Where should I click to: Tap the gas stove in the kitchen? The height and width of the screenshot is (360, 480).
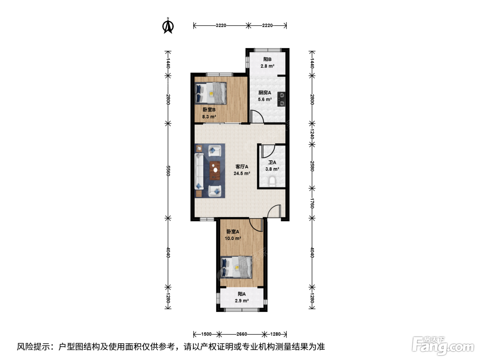point(281,99)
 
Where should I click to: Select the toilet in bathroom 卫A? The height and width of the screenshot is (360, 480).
point(272,182)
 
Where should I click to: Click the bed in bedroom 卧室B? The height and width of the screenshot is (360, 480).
point(211,93)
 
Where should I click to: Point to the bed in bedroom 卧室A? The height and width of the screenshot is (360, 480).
point(236,267)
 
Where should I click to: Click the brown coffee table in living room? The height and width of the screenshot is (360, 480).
point(215,170)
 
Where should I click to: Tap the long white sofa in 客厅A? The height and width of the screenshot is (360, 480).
point(199,171)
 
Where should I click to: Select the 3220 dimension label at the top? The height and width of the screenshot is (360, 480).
point(221,25)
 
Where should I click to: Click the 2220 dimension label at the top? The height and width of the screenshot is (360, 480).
point(267,25)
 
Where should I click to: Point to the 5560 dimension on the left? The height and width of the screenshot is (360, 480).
point(168,171)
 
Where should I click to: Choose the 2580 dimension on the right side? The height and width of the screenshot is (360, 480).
point(312,166)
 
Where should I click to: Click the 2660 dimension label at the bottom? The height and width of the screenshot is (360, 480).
point(242,334)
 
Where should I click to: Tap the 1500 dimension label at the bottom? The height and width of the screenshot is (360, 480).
point(206,334)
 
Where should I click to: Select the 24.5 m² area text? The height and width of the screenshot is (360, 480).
point(242,173)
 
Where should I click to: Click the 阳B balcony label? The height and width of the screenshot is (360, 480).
point(267,59)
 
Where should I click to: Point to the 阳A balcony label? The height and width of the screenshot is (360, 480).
point(242,294)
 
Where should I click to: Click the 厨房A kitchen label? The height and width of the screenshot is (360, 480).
point(265,93)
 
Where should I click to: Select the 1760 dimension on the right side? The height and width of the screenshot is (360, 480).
point(312,203)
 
